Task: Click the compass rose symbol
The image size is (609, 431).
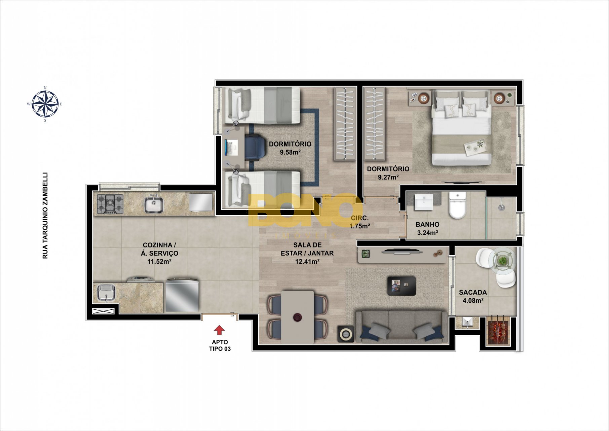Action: pyautogui.click(x=45, y=104)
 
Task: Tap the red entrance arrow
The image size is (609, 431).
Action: pyautogui.click(x=219, y=330)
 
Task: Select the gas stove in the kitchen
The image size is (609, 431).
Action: pyautogui.click(x=110, y=203)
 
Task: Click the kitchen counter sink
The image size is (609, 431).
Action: pyautogui.click(x=154, y=204)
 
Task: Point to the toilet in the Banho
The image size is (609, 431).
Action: pyautogui.click(x=458, y=205)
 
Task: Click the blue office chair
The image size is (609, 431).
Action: pyautogui.click(x=254, y=147)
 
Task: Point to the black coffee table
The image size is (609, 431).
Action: pyautogui.click(x=402, y=286)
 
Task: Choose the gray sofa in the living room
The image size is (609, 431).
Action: pyautogui.click(x=402, y=326)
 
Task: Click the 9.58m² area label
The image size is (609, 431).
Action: pyautogui.click(x=290, y=152)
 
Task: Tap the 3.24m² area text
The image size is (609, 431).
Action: pyautogui.click(x=427, y=233)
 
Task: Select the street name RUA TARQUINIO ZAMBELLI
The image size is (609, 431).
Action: pyautogui.click(x=45, y=215)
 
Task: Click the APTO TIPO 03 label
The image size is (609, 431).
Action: pyautogui.click(x=220, y=345)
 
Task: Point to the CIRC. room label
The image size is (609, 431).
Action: pyautogui.click(x=360, y=218)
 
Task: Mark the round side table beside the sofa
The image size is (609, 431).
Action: pyautogui.click(x=346, y=334)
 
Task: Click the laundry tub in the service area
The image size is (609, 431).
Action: pyautogui.click(x=106, y=292)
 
